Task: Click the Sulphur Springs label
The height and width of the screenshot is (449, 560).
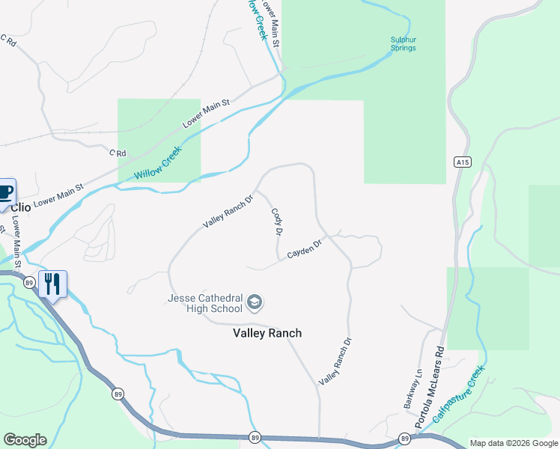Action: tap(403, 44)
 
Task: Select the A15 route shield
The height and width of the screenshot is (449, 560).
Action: tap(461, 162)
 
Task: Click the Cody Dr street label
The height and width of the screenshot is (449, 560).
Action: tap(276, 222)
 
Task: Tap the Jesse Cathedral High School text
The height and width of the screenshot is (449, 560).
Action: tap(205, 303)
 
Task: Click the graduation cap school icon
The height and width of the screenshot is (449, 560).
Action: tap(255, 302)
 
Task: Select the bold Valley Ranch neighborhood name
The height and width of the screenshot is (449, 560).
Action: tap(267, 333)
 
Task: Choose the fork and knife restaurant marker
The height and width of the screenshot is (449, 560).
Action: tap(52, 284)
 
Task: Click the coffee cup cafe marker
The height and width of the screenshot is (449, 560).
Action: tap(5, 192)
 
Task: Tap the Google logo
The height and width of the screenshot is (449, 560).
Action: tap(25, 440)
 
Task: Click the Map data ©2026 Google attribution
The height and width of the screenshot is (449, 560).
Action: tap(514, 443)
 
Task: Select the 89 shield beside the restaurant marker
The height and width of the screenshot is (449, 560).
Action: tap(29, 282)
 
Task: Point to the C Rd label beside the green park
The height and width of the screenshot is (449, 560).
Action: tap(118, 153)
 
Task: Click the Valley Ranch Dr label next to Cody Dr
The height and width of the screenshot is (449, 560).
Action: tap(228, 212)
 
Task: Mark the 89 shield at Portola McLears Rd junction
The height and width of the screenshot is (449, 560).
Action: tap(404, 439)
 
